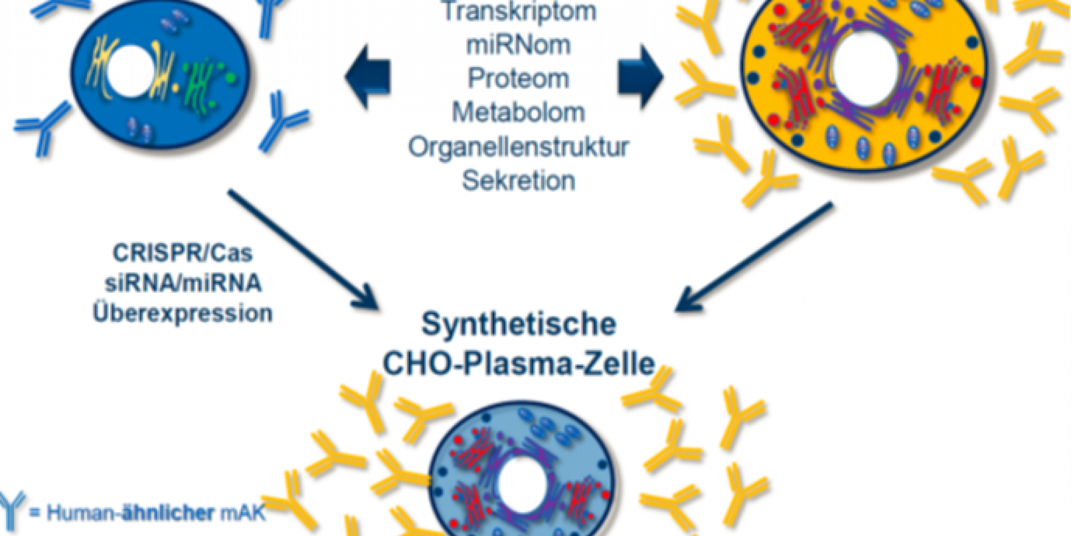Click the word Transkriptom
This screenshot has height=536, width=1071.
coord(519,12)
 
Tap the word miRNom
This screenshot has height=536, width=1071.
coord(519,45)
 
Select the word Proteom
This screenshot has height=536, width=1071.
coord(519,79)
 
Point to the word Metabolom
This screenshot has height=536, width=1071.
coord(519,113)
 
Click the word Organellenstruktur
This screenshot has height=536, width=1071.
coord(519,147)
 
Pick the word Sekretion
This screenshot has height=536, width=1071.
coord(519,181)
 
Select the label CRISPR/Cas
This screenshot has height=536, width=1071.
coord(183,253)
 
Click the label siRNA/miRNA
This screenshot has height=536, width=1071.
coord(183,283)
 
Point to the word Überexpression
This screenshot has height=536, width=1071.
coord(183,313)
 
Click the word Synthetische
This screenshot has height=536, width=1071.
coord(519,324)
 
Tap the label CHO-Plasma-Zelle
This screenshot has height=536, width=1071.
coord(519,364)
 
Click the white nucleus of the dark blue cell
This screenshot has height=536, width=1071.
coord(129,71)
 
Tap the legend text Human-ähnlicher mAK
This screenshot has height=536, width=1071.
coord(156,513)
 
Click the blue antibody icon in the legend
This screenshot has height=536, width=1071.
coord(12,509)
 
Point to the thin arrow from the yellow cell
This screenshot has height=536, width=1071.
coord(753,257)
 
